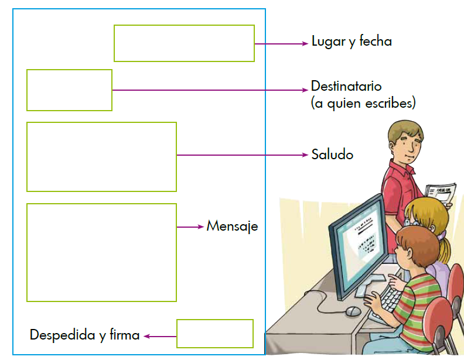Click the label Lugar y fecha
[351, 42]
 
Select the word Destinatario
[346, 86]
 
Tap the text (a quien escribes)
[363, 104]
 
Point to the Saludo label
[332, 155]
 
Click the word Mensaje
[232, 226]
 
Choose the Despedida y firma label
[84, 335]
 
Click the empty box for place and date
[184, 43]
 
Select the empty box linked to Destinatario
[69, 90]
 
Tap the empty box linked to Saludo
[101, 156]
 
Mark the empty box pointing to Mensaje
[101, 252]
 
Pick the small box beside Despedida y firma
[214, 334]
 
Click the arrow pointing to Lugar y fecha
[281, 43]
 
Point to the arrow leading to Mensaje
[190, 227]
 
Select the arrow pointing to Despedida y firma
[160, 336]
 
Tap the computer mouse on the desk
[353, 310]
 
